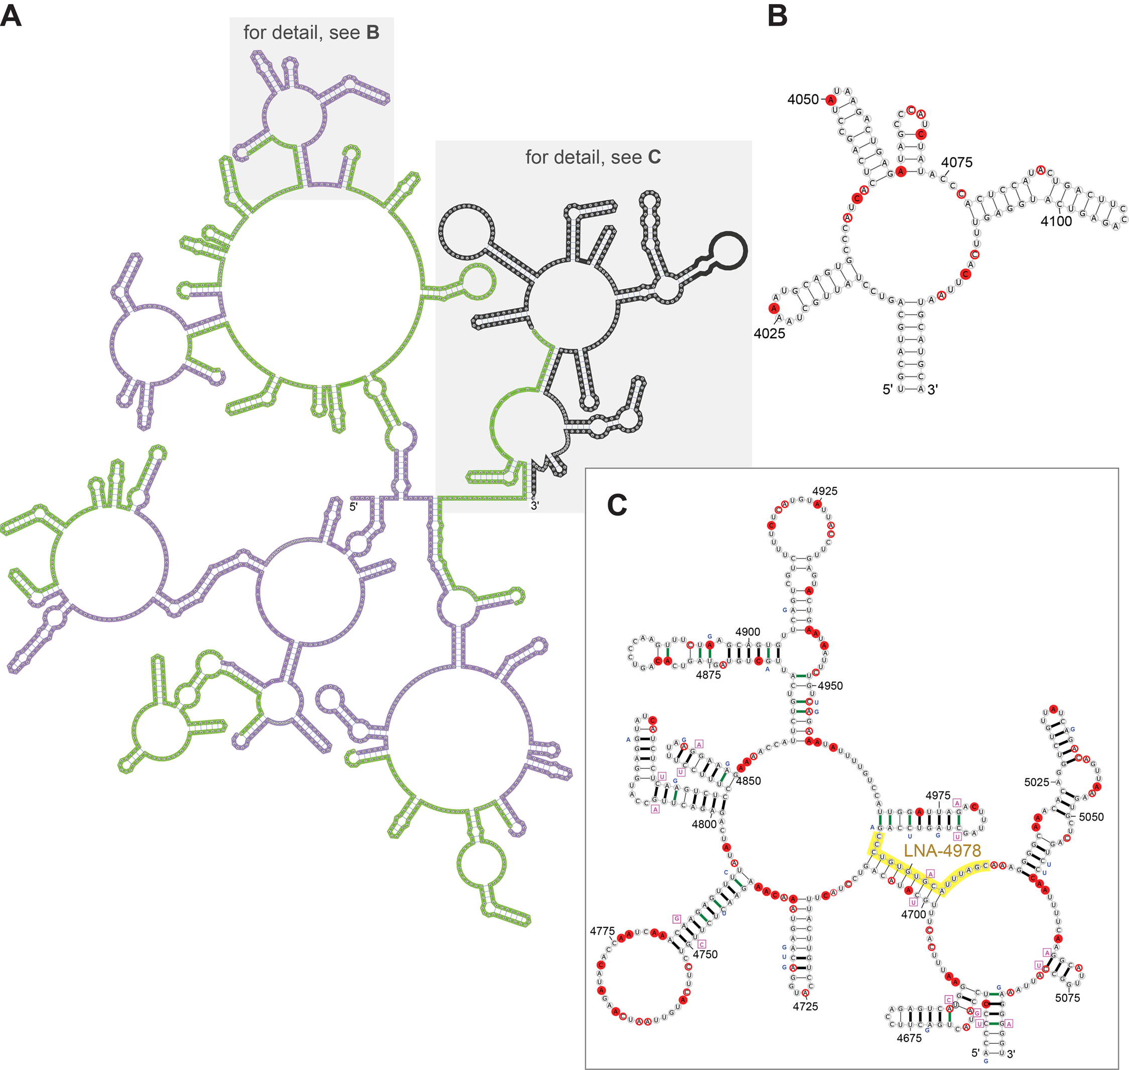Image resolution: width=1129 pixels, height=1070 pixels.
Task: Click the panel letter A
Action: (x=11, y=16)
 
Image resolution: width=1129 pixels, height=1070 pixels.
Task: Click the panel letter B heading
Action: (x=777, y=16)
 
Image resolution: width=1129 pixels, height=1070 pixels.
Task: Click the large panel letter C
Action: (x=617, y=504)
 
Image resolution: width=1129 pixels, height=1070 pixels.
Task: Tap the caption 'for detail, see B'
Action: (x=311, y=33)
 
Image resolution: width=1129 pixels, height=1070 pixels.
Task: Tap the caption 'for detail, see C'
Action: (x=593, y=157)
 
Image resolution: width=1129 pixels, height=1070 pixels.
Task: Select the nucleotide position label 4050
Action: (x=802, y=99)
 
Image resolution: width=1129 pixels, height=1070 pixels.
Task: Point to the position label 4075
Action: (x=956, y=162)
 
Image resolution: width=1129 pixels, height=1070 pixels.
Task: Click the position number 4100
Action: (x=1056, y=221)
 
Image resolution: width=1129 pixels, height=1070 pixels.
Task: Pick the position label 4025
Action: (x=769, y=334)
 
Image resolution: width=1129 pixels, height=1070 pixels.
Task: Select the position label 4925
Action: (x=824, y=491)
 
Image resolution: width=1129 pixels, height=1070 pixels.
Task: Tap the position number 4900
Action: (x=748, y=632)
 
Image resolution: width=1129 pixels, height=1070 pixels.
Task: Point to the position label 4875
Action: (x=708, y=675)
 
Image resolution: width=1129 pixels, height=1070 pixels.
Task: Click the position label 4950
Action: (x=830, y=686)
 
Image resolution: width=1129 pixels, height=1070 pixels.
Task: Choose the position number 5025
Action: (x=1037, y=782)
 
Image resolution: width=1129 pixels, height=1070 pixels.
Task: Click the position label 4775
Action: (x=602, y=931)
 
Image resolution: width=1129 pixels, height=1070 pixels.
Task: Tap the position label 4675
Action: (x=909, y=1038)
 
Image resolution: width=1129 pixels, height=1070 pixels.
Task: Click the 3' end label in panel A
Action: (x=535, y=505)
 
